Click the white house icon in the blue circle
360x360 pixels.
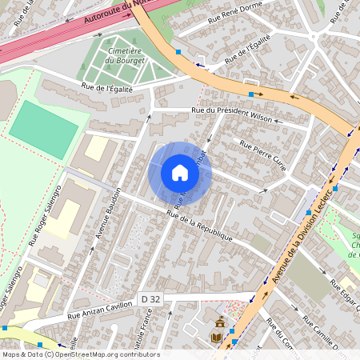pos(180,173)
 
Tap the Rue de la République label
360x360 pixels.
pos(199,226)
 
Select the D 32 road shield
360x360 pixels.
pos(149,299)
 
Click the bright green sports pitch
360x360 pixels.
pos(44,124)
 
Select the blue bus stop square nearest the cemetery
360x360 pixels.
pos(178,52)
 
